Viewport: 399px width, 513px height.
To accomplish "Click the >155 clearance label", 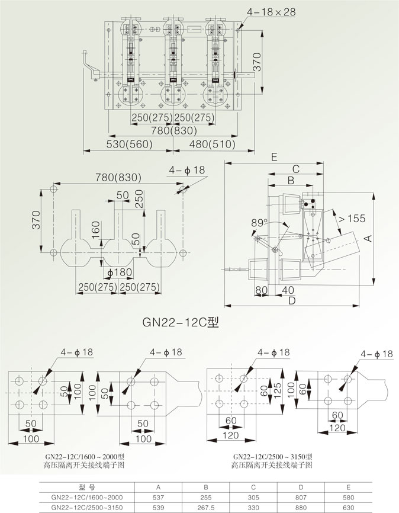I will [351, 219].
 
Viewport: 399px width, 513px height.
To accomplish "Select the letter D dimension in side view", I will [291, 301].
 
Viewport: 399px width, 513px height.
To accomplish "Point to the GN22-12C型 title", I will [181, 323].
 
